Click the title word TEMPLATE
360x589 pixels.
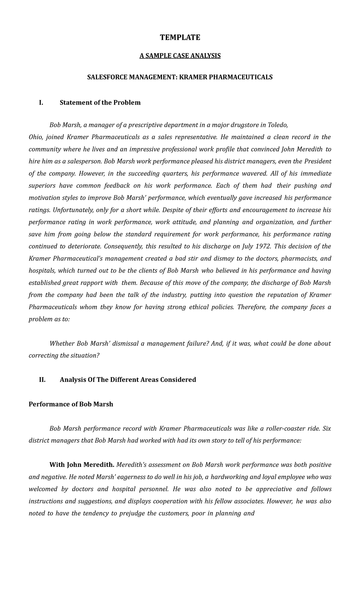(x=180, y=37)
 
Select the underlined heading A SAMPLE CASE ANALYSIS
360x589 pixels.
(x=180, y=56)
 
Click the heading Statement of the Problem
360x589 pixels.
(x=100, y=103)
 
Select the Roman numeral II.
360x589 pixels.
(x=42, y=380)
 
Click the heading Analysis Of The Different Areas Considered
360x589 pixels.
(x=128, y=380)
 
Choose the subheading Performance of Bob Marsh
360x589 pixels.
(x=71, y=404)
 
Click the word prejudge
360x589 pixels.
(x=133, y=513)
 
